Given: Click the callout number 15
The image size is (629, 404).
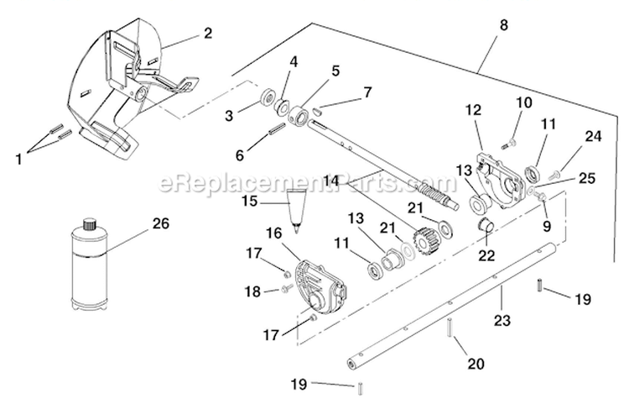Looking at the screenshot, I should [248, 202].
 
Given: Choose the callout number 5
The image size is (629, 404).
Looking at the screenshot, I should [312, 71].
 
